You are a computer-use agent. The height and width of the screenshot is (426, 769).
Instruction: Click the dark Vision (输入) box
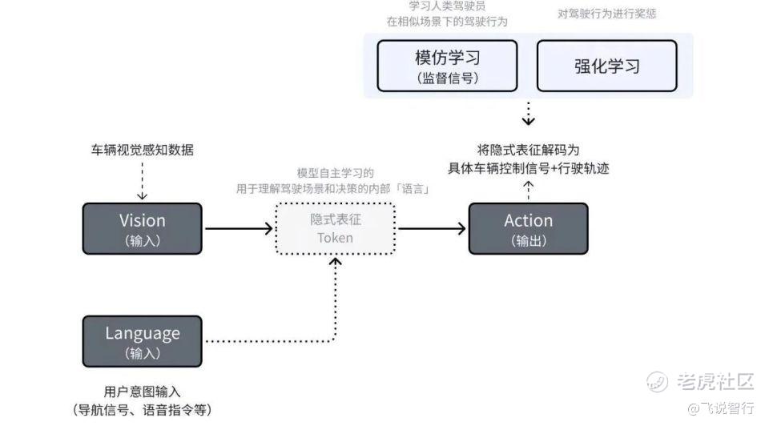point(142,228)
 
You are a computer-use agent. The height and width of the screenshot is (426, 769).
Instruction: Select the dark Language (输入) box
point(142,341)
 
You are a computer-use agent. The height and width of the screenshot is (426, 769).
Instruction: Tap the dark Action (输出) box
point(528,228)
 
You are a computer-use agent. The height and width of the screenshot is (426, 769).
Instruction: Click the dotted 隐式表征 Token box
point(335,228)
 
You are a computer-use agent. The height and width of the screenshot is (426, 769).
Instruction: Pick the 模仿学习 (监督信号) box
point(447,66)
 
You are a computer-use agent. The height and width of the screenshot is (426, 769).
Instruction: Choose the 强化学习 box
point(606,66)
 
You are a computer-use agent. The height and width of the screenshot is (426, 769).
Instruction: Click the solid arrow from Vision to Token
point(239,228)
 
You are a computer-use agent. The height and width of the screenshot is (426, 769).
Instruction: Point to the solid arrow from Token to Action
point(432,228)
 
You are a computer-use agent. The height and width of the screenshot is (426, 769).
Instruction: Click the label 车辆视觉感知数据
point(142,150)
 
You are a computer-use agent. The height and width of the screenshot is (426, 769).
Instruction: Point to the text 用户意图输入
point(142,392)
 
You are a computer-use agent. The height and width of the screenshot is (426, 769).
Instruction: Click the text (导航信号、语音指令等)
point(142,410)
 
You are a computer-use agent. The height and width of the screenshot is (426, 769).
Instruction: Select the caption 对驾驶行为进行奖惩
point(606,14)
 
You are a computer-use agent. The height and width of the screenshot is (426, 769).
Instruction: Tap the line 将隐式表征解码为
point(528,150)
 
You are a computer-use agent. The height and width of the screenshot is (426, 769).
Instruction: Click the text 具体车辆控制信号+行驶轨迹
point(528,168)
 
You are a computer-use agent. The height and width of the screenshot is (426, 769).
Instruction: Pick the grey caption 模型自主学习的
point(335,173)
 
